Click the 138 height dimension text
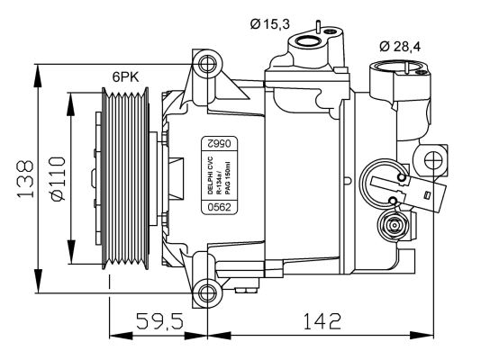point(25,178)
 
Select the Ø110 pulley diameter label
point(58,178)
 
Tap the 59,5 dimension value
point(159,320)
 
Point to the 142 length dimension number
point(322,320)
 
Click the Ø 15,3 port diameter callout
point(269,23)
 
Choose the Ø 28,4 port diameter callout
point(400,46)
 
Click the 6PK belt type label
point(125,76)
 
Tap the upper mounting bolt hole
point(207,64)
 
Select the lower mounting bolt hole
point(207,292)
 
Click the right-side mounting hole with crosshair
point(434,159)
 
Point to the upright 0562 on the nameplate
point(219,207)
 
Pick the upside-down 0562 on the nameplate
point(219,143)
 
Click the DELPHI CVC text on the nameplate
point(210,175)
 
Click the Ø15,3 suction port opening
point(308,41)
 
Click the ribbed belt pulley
point(125,178)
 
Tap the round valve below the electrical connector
point(394,226)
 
